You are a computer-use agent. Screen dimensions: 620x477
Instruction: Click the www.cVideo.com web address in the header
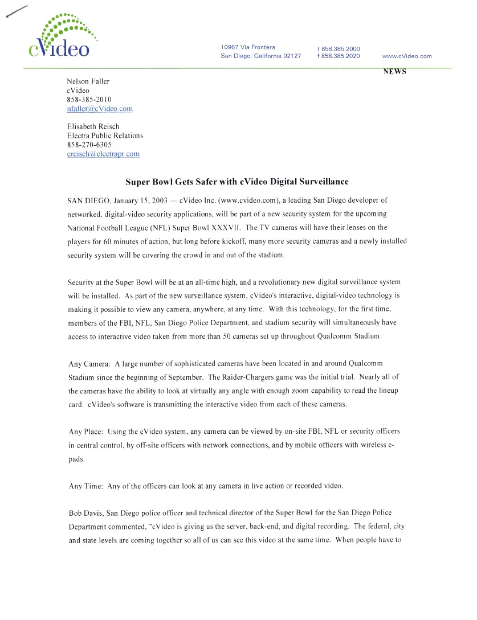[x=407, y=56]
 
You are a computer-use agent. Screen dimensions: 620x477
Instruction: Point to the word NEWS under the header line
[x=394, y=72]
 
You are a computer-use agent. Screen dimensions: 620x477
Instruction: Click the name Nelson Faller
[x=88, y=81]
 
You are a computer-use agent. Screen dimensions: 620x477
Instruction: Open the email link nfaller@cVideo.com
[x=100, y=109]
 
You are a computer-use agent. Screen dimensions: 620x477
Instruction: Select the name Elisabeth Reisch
[x=93, y=126]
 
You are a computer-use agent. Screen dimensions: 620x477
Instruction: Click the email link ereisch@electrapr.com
[x=103, y=154]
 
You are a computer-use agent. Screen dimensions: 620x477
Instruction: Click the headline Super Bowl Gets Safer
[x=237, y=182]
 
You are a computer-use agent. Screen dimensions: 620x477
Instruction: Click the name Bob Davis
[x=84, y=514]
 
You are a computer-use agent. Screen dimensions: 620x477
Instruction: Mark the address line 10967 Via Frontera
[x=248, y=47]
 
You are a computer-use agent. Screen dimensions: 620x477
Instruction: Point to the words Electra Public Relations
[x=105, y=136]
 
